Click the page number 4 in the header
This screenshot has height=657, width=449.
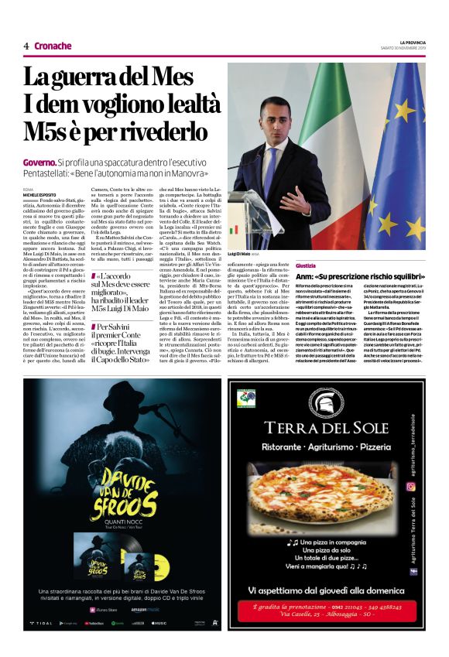pyautogui.click(x=26, y=46)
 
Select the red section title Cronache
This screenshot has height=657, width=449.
pyautogui.click(x=53, y=46)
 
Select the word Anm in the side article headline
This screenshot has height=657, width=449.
pyautogui.click(x=303, y=276)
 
